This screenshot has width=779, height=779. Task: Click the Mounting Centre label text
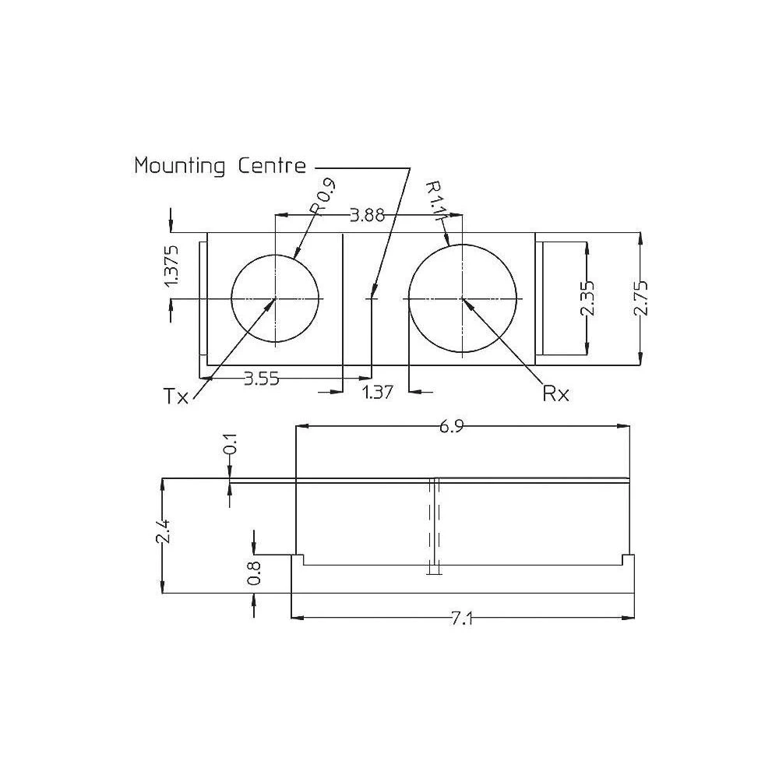click(x=220, y=166)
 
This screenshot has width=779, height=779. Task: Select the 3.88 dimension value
click(x=367, y=216)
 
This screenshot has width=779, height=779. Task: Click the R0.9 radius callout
click(x=322, y=197)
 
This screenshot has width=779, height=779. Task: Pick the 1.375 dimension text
click(x=173, y=266)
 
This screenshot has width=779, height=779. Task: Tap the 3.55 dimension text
click(x=262, y=379)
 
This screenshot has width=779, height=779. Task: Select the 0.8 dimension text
click(x=254, y=574)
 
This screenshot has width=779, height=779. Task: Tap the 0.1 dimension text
click(x=231, y=449)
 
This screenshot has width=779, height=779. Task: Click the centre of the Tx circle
click(x=276, y=298)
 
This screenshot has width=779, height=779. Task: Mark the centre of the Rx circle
click(x=463, y=298)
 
